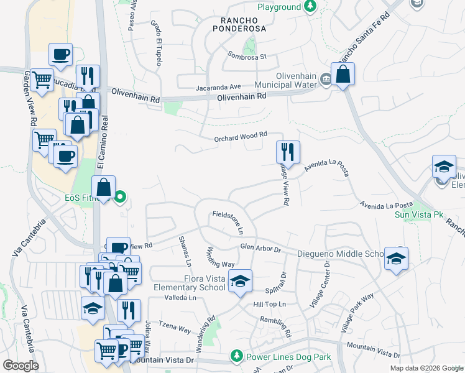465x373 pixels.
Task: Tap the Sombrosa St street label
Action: click(x=247, y=57)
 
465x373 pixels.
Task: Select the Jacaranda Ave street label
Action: click(x=218, y=87)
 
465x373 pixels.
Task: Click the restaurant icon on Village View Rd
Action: click(x=288, y=152)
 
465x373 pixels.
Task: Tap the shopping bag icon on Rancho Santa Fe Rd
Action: click(x=343, y=75)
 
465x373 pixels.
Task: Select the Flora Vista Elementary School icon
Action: click(x=240, y=281)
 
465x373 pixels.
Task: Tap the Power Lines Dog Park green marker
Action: click(x=236, y=356)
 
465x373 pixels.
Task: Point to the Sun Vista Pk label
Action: click(x=419, y=214)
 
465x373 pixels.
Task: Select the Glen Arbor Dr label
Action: click(x=260, y=249)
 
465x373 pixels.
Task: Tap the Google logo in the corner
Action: click(x=21, y=365)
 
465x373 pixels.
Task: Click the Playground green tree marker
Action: click(x=310, y=7)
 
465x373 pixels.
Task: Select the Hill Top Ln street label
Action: click(x=269, y=304)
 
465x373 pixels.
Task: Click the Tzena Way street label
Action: click(x=175, y=328)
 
